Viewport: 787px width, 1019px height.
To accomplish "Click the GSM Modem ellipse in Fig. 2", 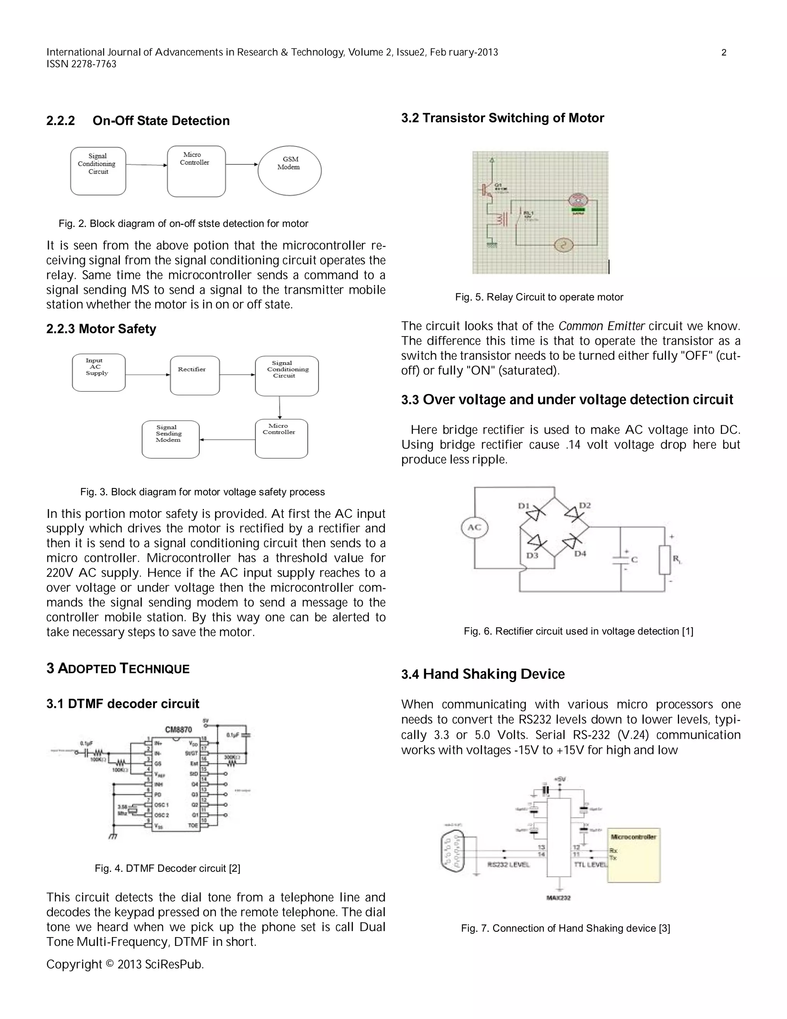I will pos(289,170).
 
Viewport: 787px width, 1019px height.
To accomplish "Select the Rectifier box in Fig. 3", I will pos(195,376).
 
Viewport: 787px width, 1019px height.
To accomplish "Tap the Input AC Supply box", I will pos(98,372).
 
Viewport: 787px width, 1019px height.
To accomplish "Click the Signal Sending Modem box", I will pos(170,439).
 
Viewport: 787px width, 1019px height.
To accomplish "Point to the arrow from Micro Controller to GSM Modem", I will pos(241,164).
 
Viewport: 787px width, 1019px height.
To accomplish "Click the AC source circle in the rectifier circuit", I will pos(474,528).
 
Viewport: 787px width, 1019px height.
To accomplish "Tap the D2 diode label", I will pos(584,505).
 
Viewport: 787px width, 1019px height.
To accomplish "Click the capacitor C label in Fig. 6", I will pos(634,559).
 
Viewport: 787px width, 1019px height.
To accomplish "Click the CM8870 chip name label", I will pos(178,729).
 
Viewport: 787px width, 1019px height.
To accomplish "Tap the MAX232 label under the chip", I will pos(558,898).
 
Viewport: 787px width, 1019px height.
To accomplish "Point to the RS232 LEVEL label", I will pos(508,864).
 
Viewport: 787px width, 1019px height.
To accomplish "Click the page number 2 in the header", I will pos(724,53).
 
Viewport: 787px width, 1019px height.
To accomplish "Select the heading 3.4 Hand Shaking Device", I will pos(483,674).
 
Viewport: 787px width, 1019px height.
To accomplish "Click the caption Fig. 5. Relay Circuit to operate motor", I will pos(539,297).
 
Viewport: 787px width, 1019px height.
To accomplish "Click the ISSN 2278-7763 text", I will pos(81,64).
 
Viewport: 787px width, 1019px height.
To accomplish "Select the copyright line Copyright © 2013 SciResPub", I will pos(125,964).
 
